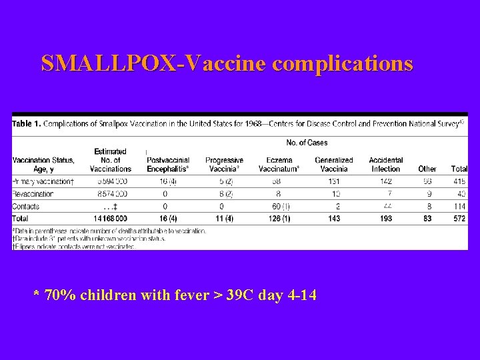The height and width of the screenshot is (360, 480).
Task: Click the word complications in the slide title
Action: click(343, 64)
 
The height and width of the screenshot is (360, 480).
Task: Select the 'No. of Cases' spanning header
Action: click(307, 143)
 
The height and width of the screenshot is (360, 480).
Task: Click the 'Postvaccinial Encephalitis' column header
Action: click(168, 165)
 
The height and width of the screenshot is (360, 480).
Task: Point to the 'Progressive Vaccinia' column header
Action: click(224, 165)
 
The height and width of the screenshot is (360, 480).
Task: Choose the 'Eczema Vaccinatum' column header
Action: click(279, 165)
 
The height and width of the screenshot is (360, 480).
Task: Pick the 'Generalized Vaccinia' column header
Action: click(334, 165)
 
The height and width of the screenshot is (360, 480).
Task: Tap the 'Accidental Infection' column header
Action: click(386, 165)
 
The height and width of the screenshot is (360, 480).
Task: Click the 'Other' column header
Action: click(427, 169)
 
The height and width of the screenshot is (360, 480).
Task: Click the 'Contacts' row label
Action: click(26, 206)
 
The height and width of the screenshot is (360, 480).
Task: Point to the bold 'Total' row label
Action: click(21, 219)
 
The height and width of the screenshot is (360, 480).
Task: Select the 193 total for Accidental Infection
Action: click(386, 219)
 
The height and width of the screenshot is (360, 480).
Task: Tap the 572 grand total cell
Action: click(459, 219)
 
